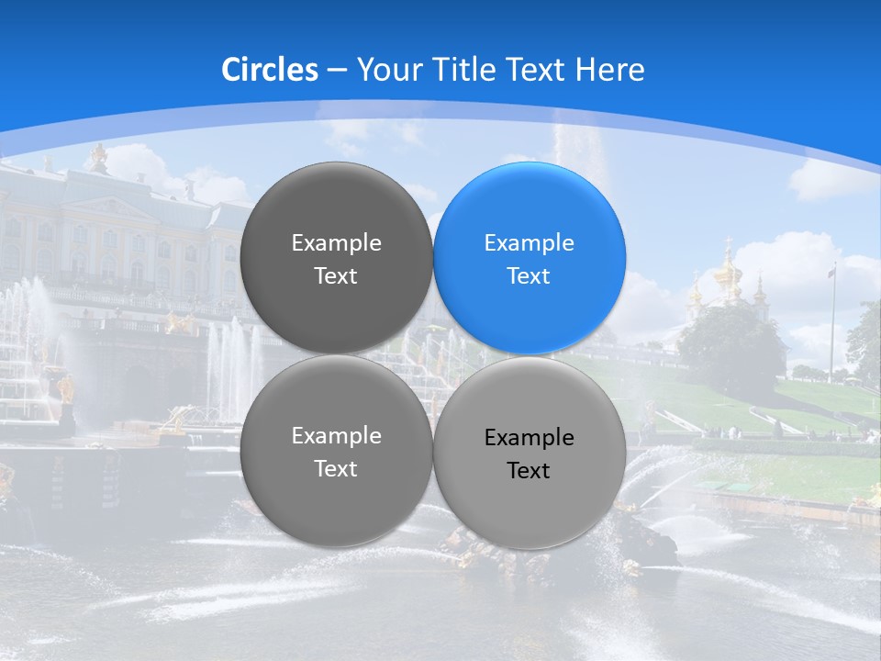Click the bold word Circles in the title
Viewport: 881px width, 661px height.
pyautogui.click(x=270, y=70)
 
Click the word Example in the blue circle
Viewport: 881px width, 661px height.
pyautogui.click(x=529, y=243)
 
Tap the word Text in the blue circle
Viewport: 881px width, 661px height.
pyautogui.click(x=529, y=276)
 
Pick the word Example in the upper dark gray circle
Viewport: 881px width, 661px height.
pyautogui.click(x=336, y=243)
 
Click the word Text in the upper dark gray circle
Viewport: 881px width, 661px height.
pyautogui.click(x=336, y=276)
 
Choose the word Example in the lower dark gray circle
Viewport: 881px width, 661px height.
pyautogui.click(x=336, y=436)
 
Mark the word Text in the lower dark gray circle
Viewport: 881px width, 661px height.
pyautogui.click(x=336, y=469)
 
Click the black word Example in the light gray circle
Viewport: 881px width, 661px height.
pyautogui.click(x=529, y=438)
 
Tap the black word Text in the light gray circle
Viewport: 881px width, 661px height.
pyautogui.click(x=529, y=471)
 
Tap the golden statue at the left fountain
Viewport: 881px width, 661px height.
pyautogui.click(x=65, y=390)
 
